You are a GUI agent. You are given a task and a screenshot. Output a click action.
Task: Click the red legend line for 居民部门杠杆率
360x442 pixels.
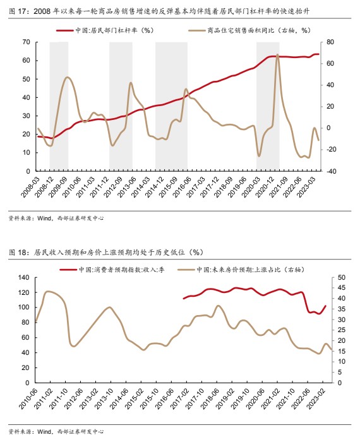click(x=65, y=30)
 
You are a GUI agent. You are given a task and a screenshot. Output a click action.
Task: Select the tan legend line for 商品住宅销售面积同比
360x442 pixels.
click(x=197, y=30)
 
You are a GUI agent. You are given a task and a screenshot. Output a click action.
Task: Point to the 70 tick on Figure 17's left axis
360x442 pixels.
click(x=27, y=42)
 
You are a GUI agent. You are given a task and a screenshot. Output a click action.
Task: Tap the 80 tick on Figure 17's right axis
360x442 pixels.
click(x=330, y=42)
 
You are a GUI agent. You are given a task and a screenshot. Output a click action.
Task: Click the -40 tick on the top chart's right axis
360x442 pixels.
click(x=331, y=171)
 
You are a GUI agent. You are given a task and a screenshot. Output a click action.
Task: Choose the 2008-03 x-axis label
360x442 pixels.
click(x=30, y=186)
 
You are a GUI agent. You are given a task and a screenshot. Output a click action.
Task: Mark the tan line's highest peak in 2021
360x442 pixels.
click(x=277, y=54)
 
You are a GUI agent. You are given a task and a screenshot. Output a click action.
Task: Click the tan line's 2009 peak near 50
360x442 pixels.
click(x=67, y=77)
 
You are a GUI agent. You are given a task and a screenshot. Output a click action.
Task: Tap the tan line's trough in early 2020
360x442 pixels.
click(x=259, y=156)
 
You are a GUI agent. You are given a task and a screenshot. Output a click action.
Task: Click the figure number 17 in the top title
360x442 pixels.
click(x=22, y=11)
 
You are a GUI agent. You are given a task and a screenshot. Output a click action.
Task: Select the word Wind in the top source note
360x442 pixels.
click(x=44, y=218)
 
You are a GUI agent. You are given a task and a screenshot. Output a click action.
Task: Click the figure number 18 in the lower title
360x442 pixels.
click(x=22, y=253)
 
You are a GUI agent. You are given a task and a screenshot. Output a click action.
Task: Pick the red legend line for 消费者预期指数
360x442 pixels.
click(x=68, y=270)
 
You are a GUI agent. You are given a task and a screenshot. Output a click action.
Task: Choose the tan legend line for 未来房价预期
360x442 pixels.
click(x=186, y=270)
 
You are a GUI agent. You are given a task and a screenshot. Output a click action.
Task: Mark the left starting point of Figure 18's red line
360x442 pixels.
click(x=184, y=298)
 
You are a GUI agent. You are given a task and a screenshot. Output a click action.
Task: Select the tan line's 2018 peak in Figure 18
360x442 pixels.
click(x=218, y=306)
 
